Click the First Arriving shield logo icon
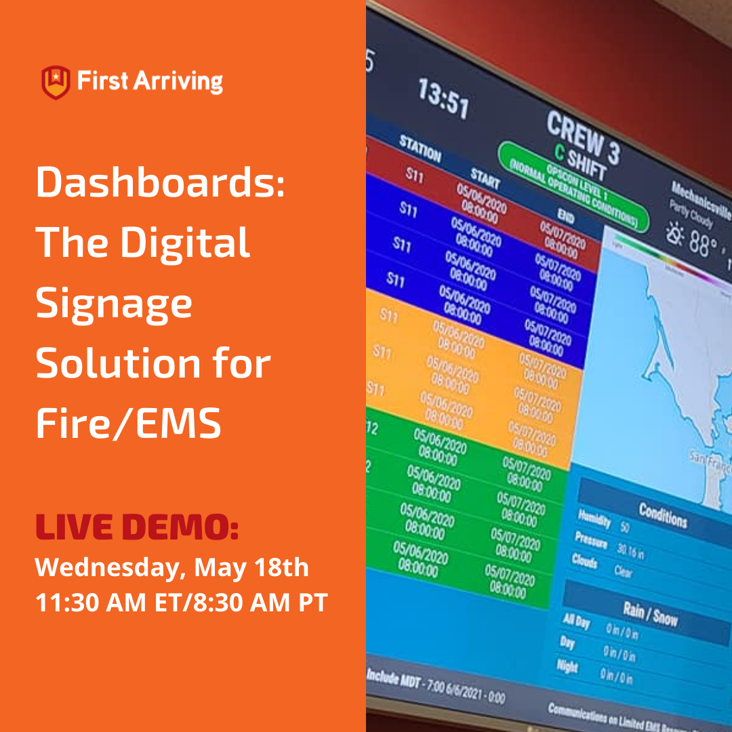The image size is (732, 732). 56,82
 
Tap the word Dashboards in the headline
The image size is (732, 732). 161,183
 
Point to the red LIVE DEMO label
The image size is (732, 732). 137,527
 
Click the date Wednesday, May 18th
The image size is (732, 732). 172,567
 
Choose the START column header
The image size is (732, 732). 485,178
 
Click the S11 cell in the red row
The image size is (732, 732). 415,176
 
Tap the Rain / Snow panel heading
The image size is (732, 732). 650,614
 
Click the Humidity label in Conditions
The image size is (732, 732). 594,521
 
